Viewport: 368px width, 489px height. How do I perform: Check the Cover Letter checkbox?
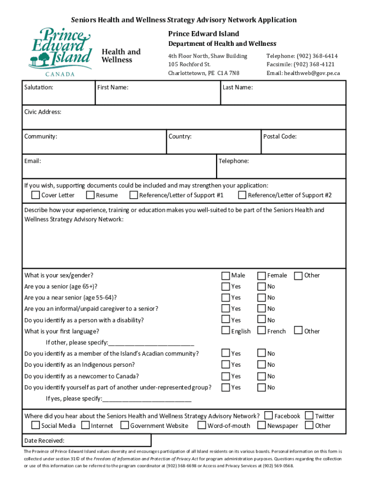[x=36, y=195]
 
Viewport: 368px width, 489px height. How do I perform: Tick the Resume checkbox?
[x=90, y=195]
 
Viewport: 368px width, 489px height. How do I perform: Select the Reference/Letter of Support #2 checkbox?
[x=242, y=195]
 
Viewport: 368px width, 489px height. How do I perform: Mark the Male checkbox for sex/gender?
[x=225, y=276]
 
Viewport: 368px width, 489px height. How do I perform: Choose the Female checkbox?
[x=261, y=276]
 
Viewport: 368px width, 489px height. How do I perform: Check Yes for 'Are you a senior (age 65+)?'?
[x=225, y=287]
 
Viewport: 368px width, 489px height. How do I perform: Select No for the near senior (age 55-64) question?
[x=261, y=298]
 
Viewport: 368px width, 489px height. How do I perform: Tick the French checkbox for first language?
[x=261, y=330]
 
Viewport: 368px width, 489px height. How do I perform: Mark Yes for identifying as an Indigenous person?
[x=225, y=365]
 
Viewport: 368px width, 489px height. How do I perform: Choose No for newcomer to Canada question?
[x=261, y=376]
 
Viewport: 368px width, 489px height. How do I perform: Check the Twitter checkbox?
[x=309, y=415]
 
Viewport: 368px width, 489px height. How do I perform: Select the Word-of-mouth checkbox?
[x=202, y=425]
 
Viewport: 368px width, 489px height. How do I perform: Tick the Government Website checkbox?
[x=125, y=425]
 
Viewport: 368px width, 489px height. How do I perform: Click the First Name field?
[x=158, y=96]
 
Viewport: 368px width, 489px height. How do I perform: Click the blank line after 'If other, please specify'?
[x=152, y=342]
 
